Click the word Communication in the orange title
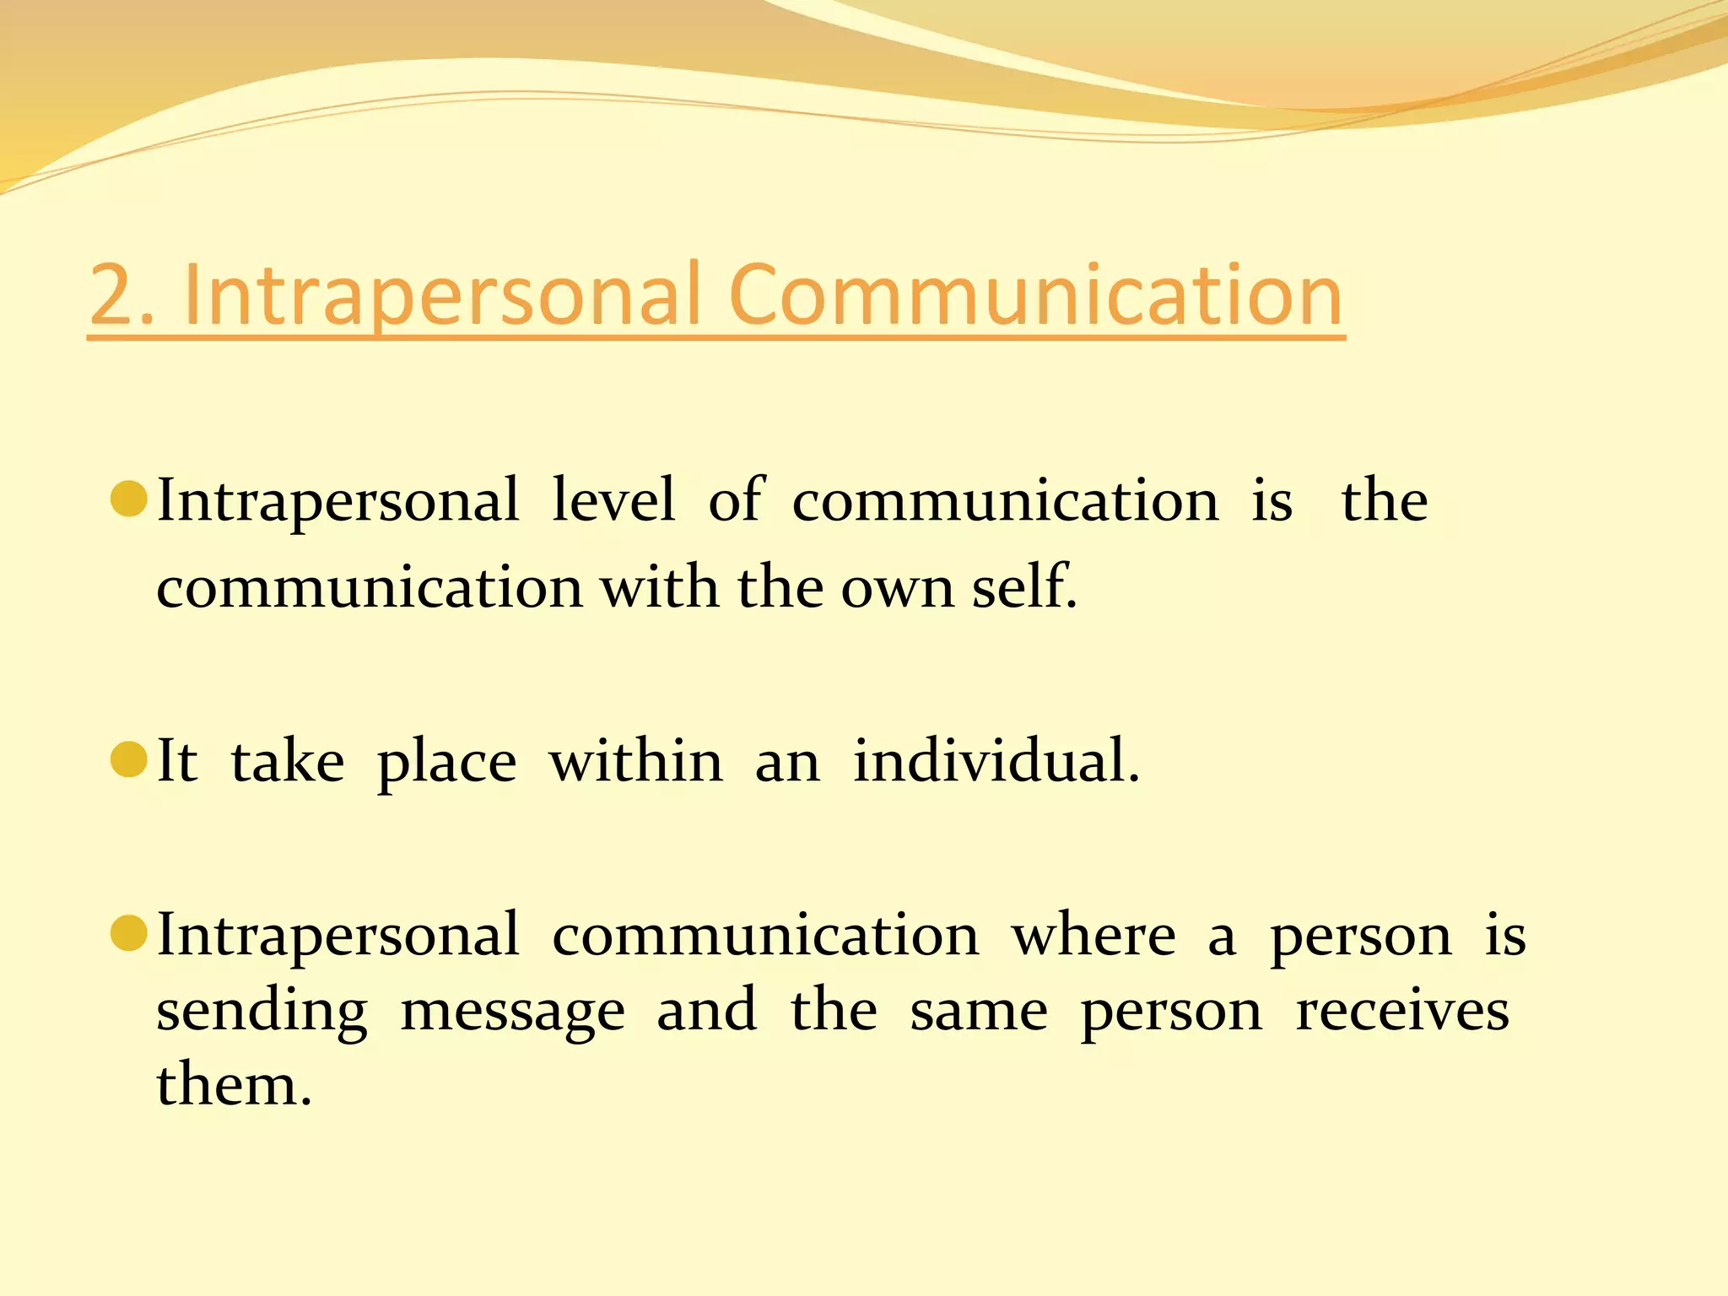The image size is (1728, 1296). pyautogui.click(x=1035, y=294)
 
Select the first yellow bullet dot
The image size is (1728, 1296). pyautogui.click(x=129, y=499)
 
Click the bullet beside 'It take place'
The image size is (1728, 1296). pyautogui.click(x=129, y=759)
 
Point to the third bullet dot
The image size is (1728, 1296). pyautogui.click(x=129, y=933)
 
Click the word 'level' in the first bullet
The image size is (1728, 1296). pyautogui.click(x=613, y=500)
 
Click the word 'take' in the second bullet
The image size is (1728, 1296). pyautogui.click(x=288, y=761)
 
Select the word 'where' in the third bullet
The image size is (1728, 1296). pyautogui.click(x=1093, y=936)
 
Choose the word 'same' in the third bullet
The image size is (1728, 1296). pyautogui.click(x=979, y=1012)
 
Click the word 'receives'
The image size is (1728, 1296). pyautogui.click(x=1401, y=1010)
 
